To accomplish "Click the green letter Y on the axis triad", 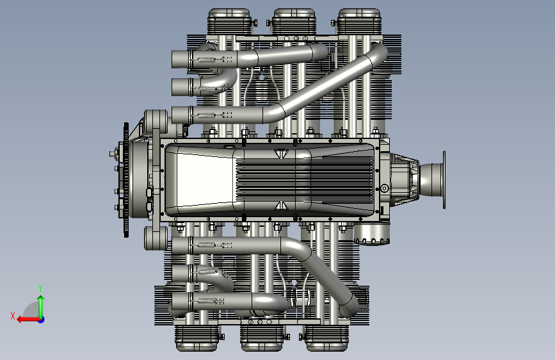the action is point(40,288).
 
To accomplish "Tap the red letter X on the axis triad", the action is point(13,316).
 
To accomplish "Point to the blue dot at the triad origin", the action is point(42,320).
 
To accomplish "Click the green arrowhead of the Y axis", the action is point(41,299).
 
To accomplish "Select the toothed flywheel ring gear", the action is point(126,179).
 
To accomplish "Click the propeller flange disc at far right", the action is point(444,179).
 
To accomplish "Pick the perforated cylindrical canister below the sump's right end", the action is point(372,233).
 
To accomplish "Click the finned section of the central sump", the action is point(305,181).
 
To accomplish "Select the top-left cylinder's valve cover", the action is point(229,22).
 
